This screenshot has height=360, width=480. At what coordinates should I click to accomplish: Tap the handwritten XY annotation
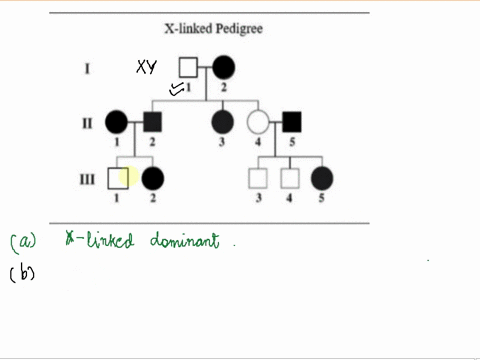(x=150, y=68)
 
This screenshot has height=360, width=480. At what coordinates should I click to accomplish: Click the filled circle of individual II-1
(x=117, y=124)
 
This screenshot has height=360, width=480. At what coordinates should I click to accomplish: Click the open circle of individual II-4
(x=258, y=124)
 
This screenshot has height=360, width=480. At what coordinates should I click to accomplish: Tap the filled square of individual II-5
(x=292, y=124)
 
